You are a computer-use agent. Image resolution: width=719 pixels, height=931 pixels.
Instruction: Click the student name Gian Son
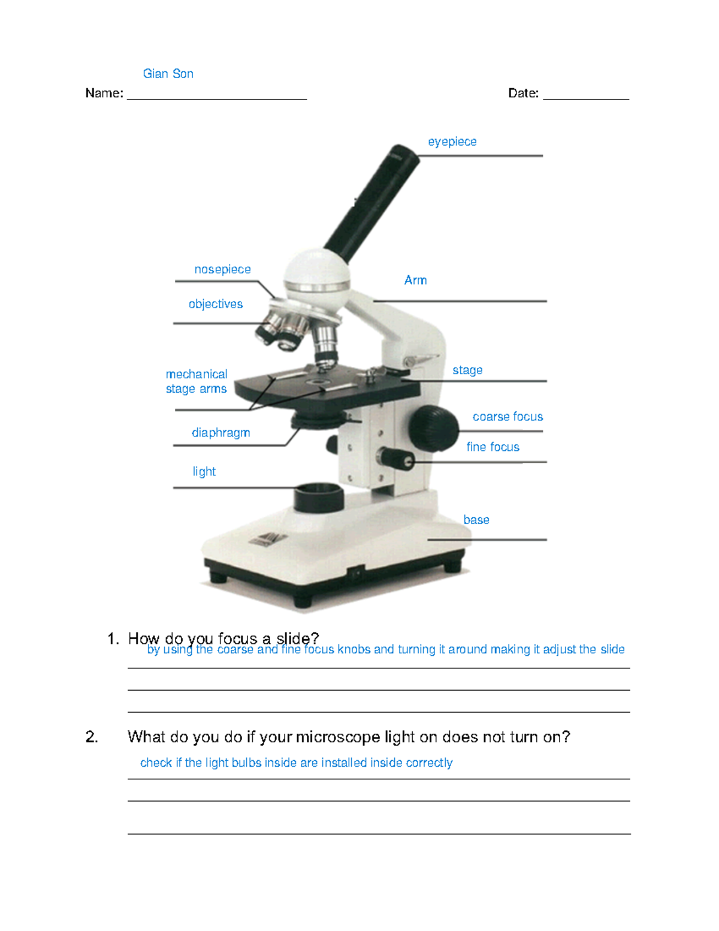tap(168, 74)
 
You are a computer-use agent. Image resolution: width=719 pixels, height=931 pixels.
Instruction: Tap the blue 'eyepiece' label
tap(452, 142)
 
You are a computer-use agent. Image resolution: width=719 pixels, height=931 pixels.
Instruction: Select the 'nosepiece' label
tap(222, 270)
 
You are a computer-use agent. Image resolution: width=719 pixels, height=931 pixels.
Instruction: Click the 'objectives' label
tap(215, 304)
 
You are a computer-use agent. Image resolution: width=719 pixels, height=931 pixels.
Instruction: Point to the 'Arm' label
tap(415, 280)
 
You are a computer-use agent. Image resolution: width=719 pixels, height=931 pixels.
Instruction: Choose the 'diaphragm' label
tap(220, 433)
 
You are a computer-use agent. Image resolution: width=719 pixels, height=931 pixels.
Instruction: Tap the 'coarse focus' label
tap(507, 417)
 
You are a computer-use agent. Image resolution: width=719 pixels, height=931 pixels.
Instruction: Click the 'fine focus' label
tap(493, 447)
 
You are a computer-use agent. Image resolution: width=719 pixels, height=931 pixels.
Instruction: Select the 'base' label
tap(476, 520)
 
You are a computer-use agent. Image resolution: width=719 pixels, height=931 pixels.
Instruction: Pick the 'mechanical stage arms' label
tap(196, 381)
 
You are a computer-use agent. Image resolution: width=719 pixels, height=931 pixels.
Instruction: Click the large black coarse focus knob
tap(433, 429)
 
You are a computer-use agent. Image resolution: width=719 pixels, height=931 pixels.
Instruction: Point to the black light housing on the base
tap(319, 498)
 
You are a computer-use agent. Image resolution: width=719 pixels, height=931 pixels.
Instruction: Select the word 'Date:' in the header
tap(523, 94)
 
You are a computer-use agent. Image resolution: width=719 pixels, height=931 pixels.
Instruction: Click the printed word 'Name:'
tap(104, 94)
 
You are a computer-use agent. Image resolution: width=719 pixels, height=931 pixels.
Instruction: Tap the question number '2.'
tap(92, 737)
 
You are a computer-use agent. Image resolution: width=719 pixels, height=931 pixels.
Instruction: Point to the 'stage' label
tap(467, 370)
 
